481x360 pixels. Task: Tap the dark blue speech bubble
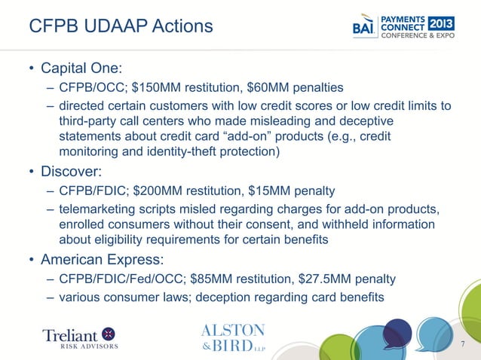(398, 332)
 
